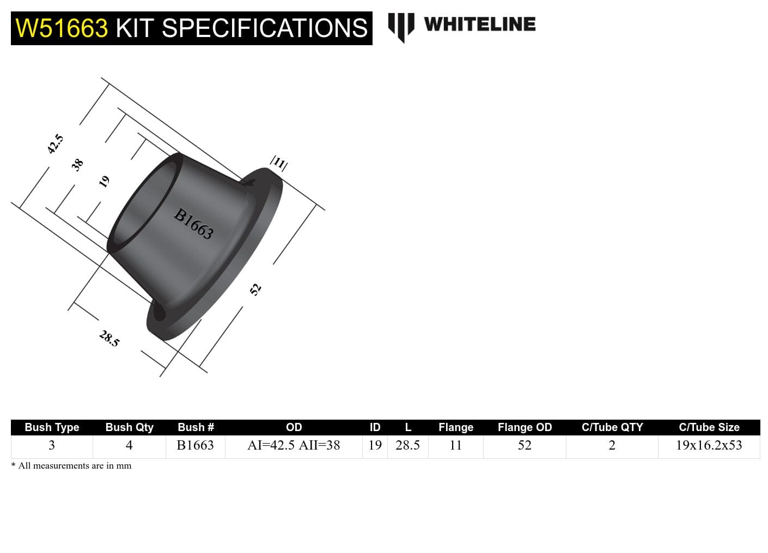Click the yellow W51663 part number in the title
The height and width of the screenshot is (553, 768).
62,28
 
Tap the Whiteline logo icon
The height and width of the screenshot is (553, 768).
401,27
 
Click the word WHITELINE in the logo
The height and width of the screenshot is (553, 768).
479,24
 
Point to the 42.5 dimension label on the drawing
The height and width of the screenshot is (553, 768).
56,144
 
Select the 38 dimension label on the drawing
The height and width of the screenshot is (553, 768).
78,164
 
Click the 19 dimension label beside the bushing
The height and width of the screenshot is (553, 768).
104,181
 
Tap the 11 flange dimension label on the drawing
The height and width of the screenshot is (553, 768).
279,163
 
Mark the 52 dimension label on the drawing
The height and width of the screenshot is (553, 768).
255,289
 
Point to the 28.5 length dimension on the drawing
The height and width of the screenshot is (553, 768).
109,339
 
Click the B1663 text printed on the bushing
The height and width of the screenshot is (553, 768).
193,224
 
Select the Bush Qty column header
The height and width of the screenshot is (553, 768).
129,427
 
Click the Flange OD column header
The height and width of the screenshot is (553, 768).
525,427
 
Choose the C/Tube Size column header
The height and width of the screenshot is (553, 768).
709,427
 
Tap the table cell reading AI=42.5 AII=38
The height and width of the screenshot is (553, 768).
294,445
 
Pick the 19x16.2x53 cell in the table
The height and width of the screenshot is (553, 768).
709,445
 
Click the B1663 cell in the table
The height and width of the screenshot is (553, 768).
195,445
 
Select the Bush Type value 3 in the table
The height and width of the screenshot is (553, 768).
52,445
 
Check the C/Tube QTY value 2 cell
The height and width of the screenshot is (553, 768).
612,445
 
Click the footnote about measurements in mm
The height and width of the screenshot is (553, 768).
71,466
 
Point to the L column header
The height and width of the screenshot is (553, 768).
407,427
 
